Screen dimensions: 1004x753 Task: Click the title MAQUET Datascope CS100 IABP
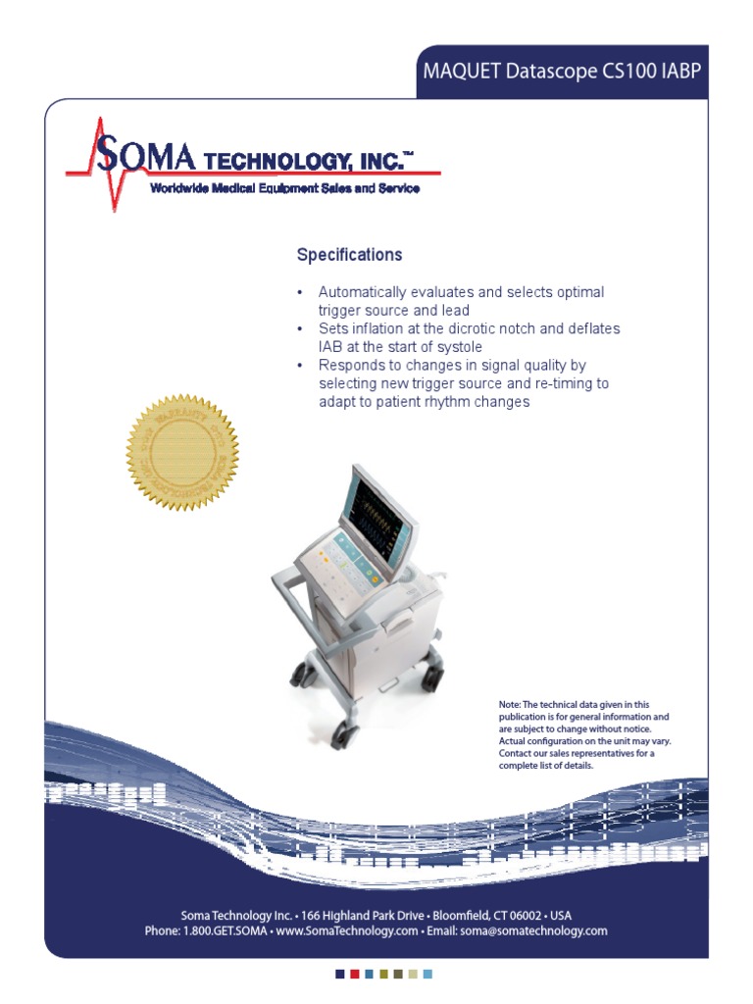(562, 72)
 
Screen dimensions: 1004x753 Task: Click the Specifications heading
(349, 255)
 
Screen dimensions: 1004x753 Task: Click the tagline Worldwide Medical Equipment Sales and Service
(284, 188)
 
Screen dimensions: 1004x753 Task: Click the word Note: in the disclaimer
(510, 704)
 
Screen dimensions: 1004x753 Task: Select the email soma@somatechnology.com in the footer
(532, 930)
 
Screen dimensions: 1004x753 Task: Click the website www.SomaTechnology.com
(347, 930)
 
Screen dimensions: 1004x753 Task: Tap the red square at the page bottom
(354, 974)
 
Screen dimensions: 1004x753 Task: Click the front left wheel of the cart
(340, 731)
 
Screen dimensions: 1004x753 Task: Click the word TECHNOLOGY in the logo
(305, 161)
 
